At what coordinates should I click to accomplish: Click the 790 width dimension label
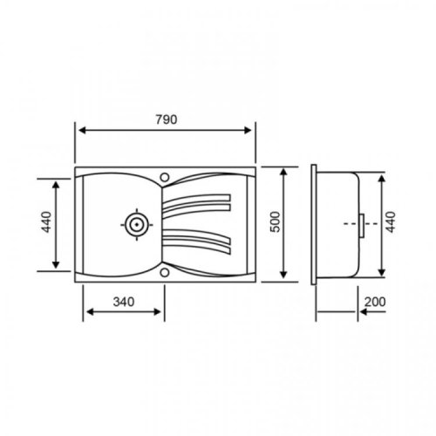(166, 120)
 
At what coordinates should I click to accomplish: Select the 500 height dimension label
(276, 223)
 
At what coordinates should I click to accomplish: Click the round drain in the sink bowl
(138, 223)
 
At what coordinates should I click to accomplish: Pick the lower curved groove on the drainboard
(198, 240)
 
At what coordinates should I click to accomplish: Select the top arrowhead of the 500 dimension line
(285, 170)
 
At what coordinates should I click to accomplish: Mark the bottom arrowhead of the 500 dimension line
(285, 276)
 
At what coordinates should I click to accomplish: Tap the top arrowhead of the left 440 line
(58, 184)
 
